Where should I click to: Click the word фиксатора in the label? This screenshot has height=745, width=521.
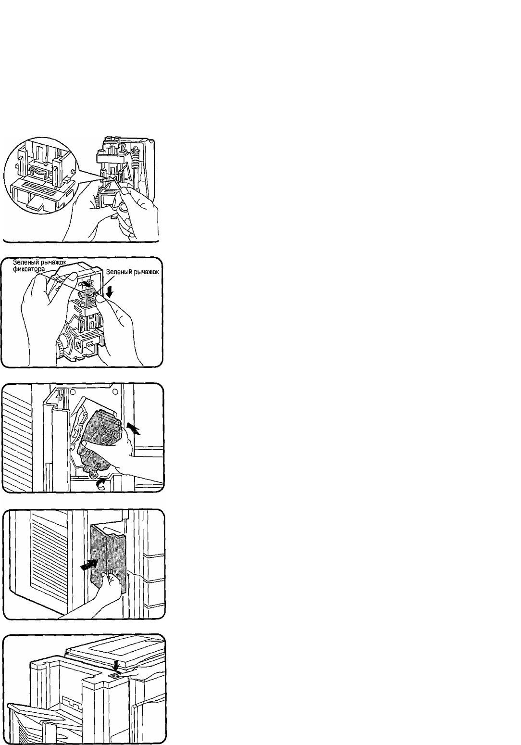click(x=29, y=268)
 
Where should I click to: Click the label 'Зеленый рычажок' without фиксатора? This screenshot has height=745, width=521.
click(x=133, y=272)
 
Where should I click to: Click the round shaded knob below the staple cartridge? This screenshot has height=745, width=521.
click(x=93, y=473)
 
